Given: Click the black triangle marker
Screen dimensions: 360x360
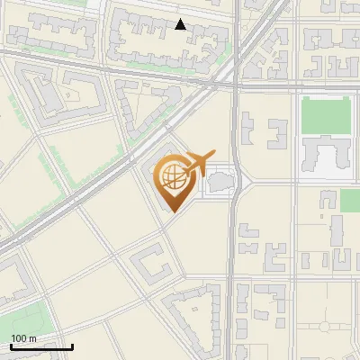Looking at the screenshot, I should click(181, 24).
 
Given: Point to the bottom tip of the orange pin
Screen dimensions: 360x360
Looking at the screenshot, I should click(171, 211).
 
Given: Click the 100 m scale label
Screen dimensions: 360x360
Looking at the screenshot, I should click(23, 338).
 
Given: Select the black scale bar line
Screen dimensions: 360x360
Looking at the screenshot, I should click(41, 346).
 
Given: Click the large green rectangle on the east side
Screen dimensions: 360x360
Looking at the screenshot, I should click(326, 115).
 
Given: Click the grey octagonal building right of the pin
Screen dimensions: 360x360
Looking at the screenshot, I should click(220, 184).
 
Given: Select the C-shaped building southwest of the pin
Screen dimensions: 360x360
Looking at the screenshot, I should click(151, 265).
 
